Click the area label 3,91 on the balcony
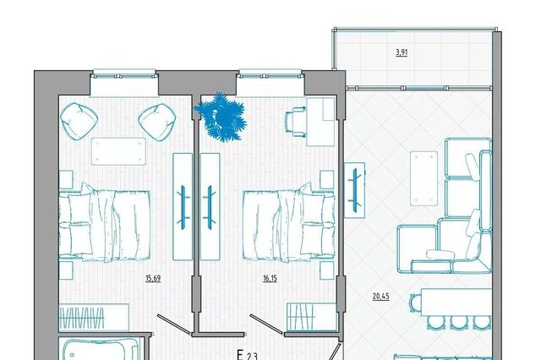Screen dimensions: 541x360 click(x=402, y=52)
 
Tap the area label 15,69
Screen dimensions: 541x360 click(x=153, y=278)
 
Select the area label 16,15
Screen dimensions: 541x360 click(x=270, y=278)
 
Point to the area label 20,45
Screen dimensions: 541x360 click(x=381, y=297)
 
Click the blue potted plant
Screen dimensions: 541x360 click(x=221, y=117)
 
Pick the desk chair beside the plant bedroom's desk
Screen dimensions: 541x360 click(x=296, y=122)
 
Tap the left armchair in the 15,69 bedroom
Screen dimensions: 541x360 click(x=79, y=121)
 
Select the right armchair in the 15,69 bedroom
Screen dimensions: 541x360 click(x=157, y=122)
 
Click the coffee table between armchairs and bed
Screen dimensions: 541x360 click(x=118, y=151)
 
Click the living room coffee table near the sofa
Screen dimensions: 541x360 click(x=424, y=178)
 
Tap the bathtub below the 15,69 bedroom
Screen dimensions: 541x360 click(x=99, y=349)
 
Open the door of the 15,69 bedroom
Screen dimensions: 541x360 click(x=174, y=325)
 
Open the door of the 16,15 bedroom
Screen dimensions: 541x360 click(x=267, y=325)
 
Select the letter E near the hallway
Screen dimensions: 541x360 click(x=240, y=355)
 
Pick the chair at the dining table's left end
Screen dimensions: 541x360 click(x=414, y=303)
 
